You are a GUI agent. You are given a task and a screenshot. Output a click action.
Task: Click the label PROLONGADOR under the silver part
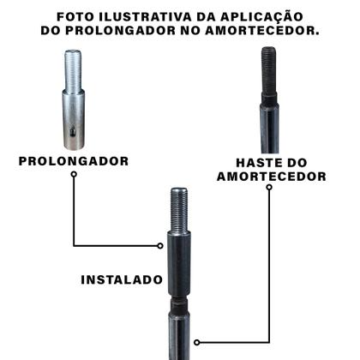coord(74,160)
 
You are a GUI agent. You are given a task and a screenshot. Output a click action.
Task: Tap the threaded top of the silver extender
coord(72,67)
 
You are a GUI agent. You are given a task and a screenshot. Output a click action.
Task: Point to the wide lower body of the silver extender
coord(74,116)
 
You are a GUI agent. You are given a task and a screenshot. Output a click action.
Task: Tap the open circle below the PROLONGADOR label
coord(74,174)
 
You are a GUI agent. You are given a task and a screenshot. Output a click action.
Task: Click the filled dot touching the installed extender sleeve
coord(160,245)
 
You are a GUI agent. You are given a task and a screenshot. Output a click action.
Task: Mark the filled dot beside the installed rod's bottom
coord(197,341)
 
